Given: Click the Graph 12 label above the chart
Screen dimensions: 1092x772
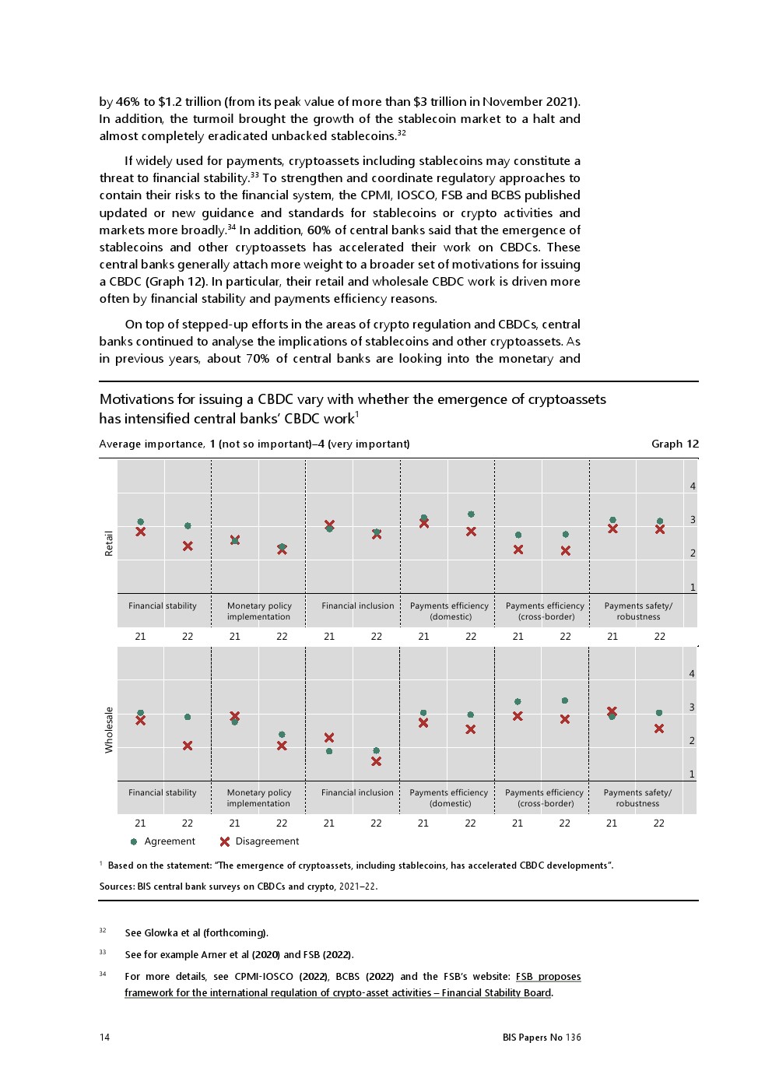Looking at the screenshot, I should click(x=675, y=444).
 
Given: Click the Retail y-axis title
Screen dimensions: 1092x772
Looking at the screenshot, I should click(x=109, y=543).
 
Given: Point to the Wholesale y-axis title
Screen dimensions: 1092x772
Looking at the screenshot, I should click(x=109, y=729).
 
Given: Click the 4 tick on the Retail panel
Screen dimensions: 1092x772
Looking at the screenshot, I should click(x=693, y=486).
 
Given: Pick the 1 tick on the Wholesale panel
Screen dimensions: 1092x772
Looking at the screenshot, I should click(x=692, y=774).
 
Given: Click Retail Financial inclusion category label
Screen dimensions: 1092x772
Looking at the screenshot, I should click(x=357, y=606).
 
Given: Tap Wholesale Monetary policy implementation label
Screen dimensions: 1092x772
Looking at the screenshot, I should click(x=258, y=798).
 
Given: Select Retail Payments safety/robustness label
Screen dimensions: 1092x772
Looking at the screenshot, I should click(x=638, y=611).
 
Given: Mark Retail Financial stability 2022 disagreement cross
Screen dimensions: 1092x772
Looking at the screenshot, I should click(x=188, y=546).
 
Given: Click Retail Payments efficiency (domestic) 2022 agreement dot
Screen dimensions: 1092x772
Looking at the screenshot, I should click(x=471, y=514).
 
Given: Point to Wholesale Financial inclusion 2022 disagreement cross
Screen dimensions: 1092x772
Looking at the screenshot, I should click(x=376, y=761).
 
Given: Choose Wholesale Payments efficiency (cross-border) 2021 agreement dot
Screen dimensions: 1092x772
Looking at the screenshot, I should click(x=518, y=702).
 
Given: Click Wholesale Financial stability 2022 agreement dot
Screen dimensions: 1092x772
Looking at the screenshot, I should click(x=188, y=717).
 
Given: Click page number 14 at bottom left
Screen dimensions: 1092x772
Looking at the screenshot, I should click(x=104, y=1038).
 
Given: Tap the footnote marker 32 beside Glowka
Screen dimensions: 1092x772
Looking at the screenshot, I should click(x=103, y=931).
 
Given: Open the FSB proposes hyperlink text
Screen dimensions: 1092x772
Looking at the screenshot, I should click(x=548, y=977).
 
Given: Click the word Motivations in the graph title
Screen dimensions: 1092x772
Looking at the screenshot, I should click(x=132, y=399).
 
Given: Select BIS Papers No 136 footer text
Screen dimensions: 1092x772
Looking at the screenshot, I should click(x=542, y=1038).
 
